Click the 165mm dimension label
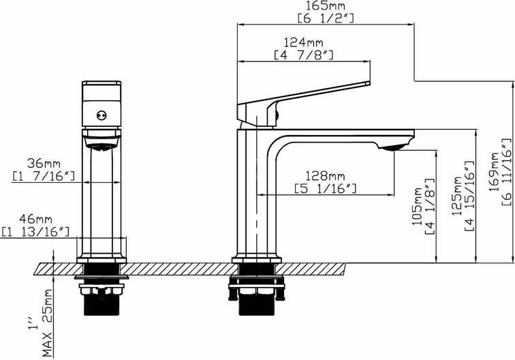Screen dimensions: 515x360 point(326,6)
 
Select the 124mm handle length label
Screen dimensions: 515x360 point(304,42)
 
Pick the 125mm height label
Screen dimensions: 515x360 point(457,196)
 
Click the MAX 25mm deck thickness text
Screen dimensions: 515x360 point(48,323)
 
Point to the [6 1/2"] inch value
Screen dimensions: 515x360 point(326,18)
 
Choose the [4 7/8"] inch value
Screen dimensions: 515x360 point(304,55)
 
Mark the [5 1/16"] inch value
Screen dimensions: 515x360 point(325,188)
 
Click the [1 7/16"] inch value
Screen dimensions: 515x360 point(44,176)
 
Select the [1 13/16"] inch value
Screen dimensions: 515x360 point(35,232)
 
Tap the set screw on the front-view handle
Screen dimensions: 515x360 point(102,115)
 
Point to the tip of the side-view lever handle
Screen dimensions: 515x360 point(369,83)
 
